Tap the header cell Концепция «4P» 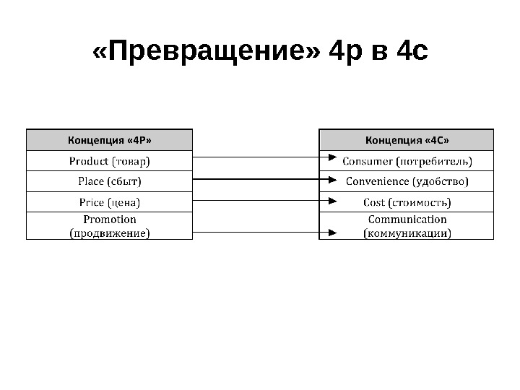[x=110, y=140]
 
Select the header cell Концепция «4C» [x=407, y=140]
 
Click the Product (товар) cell [x=110, y=160]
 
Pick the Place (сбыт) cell [x=110, y=181]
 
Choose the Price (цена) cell [x=110, y=201]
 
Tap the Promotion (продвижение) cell [x=110, y=225]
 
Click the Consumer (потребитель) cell [x=407, y=160]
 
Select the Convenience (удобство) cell [x=407, y=181]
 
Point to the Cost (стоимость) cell [x=407, y=201]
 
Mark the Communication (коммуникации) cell [x=407, y=225]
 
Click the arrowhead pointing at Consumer [x=331, y=157]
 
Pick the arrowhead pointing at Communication [x=331, y=232]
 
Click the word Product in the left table [x=88, y=160]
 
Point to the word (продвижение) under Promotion [x=110, y=233]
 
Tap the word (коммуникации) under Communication [x=407, y=233]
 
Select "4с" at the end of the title [x=413, y=51]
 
